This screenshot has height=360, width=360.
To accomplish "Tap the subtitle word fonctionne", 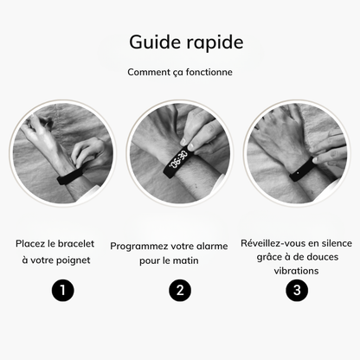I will click(205, 72).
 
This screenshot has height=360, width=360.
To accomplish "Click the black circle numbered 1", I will click(61, 290).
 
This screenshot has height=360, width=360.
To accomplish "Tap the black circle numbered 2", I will click(180, 290).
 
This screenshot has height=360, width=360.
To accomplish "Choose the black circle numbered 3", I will click(298, 290).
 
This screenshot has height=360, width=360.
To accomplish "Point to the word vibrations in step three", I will click(297, 270).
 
